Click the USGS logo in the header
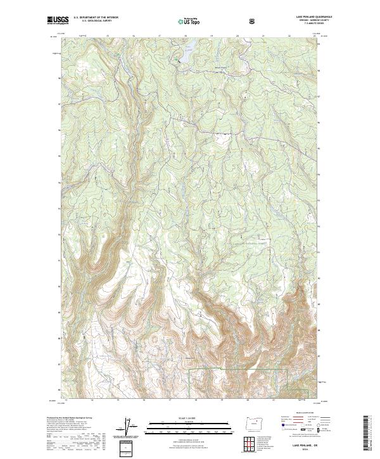click(58, 21)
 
